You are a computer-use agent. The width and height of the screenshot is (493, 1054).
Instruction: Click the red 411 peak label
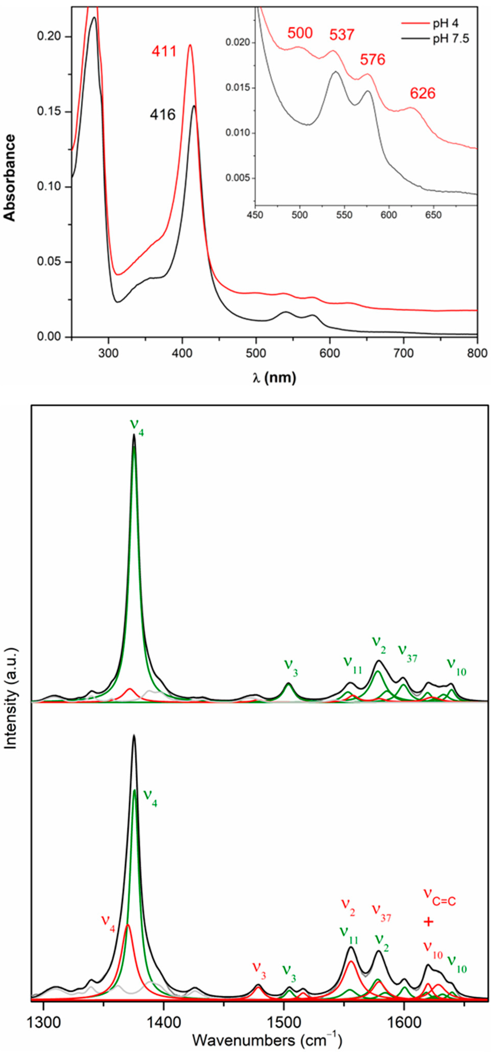tap(164, 52)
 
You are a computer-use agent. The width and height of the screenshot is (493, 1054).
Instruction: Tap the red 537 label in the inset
tap(342, 35)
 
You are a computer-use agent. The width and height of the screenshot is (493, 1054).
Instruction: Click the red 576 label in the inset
tap(373, 60)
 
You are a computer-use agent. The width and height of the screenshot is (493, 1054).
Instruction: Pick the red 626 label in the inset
tap(423, 94)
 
